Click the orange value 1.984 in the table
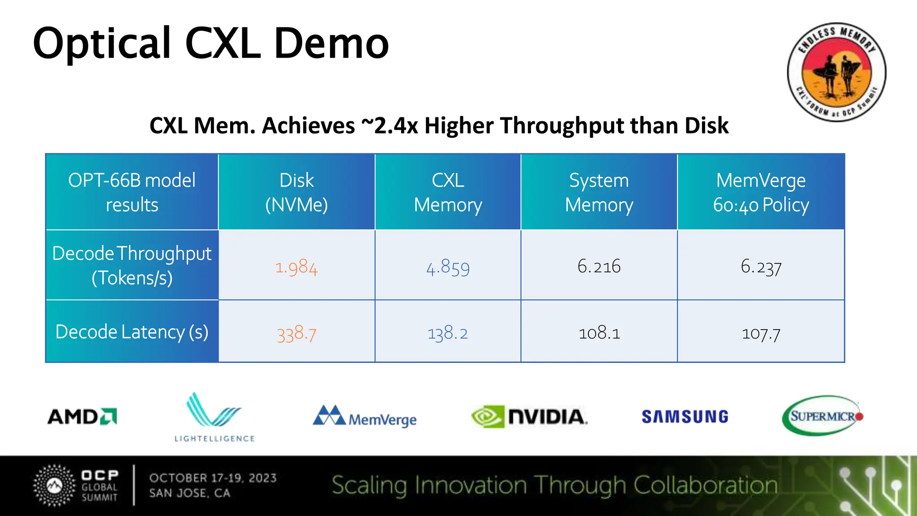point(296,267)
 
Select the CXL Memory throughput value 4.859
point(448,267)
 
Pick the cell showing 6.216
point(599,267)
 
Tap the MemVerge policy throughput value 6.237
point(761,267)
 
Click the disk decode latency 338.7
point(296,334)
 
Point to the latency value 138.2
point(448,333)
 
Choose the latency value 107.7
point(761,333)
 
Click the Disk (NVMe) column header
point(296,192)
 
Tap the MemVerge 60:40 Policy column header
point(761,192)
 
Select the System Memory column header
point(599,192)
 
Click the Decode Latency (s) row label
point(132,332)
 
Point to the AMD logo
point(82,417)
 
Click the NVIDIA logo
point(529,417)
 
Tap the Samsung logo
point(685,417)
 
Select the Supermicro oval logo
point(823,416)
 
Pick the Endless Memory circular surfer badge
point(836,72)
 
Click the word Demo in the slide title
point(331,44)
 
